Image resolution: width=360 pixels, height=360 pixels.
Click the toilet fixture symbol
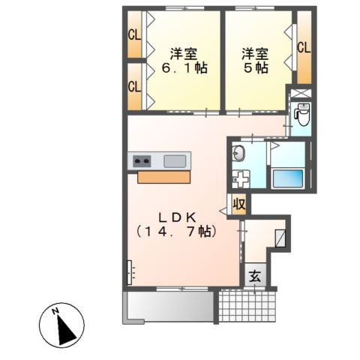(302, 115)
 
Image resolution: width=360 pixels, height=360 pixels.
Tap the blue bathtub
(288, 178)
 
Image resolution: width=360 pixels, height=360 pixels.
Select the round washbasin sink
(238, 153)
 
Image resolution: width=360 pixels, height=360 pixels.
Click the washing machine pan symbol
(241, 178)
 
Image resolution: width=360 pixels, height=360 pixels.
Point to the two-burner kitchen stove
(142, 161)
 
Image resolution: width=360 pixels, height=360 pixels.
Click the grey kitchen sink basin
(175, 161)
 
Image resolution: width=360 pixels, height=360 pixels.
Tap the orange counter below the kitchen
(163, 177)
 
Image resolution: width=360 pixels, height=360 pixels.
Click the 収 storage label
(239, 205)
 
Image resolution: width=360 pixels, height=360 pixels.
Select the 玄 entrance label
(255, 277)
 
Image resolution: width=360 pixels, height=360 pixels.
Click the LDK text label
(177, 218)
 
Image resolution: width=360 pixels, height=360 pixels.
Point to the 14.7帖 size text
(176, 232)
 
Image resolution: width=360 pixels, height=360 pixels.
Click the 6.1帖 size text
(184, 67)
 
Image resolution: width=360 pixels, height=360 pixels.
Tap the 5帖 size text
(256, 67)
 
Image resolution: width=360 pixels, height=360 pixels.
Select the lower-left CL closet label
(134, 87)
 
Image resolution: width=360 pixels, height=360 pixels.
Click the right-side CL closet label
(304, 47)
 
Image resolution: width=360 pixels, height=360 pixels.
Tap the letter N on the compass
(55, 311)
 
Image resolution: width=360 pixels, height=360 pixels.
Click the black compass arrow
(65, 330)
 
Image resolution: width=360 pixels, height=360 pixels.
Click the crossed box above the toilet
(301, 93)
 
